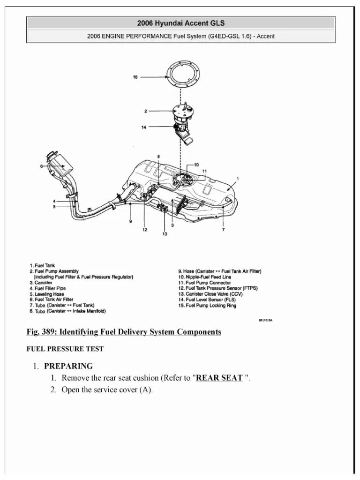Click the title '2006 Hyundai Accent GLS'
coord(180,22)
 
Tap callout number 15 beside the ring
coord(135,77)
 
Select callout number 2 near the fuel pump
coord(146,111)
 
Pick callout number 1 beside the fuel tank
coord(238,178)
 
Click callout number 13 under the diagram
coord(165,234)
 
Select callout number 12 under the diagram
coord(145,230)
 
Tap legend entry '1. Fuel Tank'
coord(43,265)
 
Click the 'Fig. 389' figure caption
coord(124,332)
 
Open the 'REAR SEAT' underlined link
coord(219,378)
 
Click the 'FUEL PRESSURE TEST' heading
coord(65,349)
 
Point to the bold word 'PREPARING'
coord(68,366)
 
